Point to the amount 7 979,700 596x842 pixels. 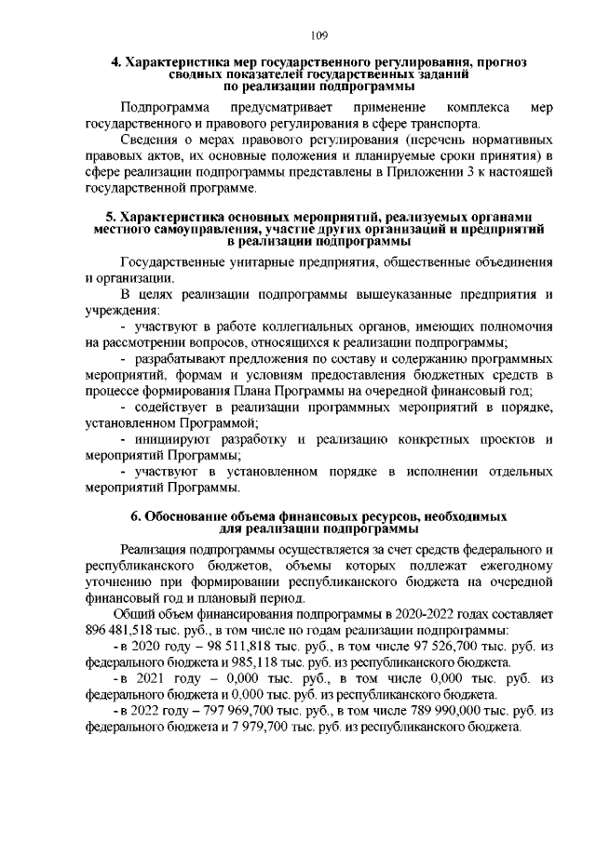tap(224, 727)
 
